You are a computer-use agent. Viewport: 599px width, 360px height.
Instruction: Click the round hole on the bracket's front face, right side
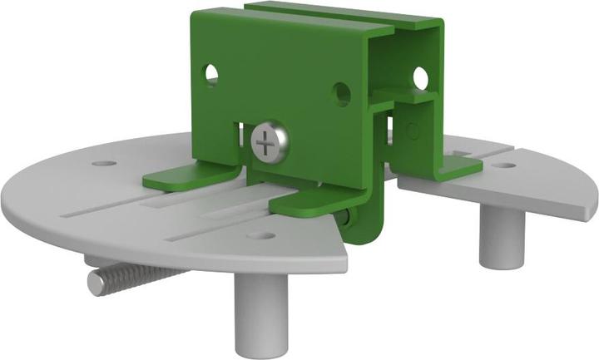point(342,92)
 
